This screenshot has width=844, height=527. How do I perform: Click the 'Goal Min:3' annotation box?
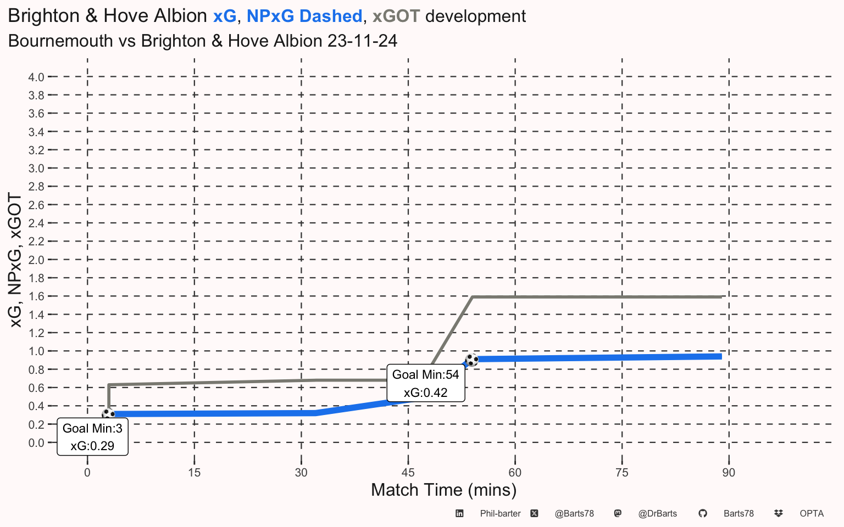point(93,436)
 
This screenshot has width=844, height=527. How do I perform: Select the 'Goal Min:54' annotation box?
point(426,383)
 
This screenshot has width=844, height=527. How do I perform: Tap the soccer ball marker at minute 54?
point(472,360)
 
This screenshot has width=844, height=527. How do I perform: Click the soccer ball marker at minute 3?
point(108,414)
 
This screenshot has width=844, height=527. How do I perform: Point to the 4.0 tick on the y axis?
point(36,77)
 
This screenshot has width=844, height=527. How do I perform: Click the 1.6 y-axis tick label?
point(36,296)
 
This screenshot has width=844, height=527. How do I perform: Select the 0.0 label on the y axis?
point(36,443)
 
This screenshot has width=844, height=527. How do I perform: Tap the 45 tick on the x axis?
point(408,473)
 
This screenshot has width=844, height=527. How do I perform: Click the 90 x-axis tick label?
point(729,473)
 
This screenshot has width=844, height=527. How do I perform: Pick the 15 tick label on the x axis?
point(195,473)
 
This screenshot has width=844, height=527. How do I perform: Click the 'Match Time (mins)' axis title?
point(444,490)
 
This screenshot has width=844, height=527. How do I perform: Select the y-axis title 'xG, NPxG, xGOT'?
point(15,260)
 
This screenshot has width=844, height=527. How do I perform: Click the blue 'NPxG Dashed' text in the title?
point(304,16)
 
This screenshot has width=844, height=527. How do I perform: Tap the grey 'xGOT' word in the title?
point(396,16)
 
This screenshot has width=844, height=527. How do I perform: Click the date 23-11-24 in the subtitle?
point(362,41)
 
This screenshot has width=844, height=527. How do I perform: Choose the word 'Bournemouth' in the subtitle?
point(60,41)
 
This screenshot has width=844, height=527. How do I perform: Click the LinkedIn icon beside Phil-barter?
point(459,513)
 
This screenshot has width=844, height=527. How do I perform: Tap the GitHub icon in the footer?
point(702,513)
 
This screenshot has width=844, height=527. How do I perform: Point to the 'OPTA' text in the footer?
point(812,514)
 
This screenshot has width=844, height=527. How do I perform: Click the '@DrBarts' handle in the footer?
point(658,514)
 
